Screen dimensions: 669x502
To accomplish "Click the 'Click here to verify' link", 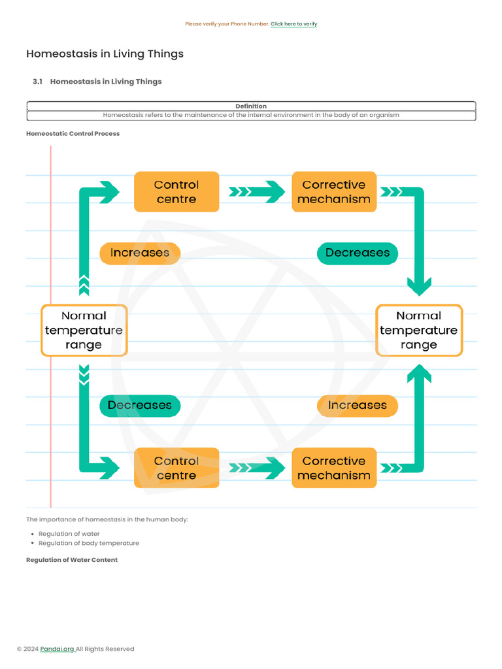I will pyautogui.click(x=293, y=24).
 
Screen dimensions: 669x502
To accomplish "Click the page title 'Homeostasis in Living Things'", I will pyautogui.click(x=105, y=54).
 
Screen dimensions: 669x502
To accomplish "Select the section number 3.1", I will pyautogui.click(x=37, y=82).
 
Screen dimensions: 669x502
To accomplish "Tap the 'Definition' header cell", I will pyautogui.click(x=251, y=106).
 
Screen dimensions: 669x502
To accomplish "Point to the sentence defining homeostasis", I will pyautogui.click(x=251, y=115).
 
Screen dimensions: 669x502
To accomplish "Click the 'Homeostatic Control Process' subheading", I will pyautogui.click(x=73, y=134).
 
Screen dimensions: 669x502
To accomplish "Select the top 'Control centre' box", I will pyautogui.click(x=176, y=192).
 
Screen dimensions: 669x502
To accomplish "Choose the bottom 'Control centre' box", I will pyautogui.click(x=176, y=468).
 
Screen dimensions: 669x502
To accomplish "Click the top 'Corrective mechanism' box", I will pyautogui.click(x=334, y=192).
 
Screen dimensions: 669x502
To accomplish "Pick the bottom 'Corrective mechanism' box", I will pyautogui.click(x=334, y=468).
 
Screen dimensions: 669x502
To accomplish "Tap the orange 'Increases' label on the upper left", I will pyautogui.click(x=139, y=253).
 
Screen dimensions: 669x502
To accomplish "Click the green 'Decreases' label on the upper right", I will pyautogui.click(x=358, y=253).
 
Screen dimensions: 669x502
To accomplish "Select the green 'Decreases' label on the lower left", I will pyautogui.click(x=139, y=405).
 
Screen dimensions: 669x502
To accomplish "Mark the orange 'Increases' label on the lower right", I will pyautogui.click(x=358, y=405).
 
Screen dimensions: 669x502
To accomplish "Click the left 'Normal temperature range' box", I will pyautogui.click(x=84, y=330).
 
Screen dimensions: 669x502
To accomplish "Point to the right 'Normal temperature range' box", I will pyautogui.click(x=419, y=330).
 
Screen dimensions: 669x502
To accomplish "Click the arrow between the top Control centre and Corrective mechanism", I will pyautogui.click(x=256, y=192).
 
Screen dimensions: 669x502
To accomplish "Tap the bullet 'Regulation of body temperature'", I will pyautogui.click(x=89, y=543).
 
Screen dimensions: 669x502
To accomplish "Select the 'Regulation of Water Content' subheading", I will pyautogui.click(x=72, y=560).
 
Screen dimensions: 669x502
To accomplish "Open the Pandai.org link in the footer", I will pyautogui.click(x=57, y=649).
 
